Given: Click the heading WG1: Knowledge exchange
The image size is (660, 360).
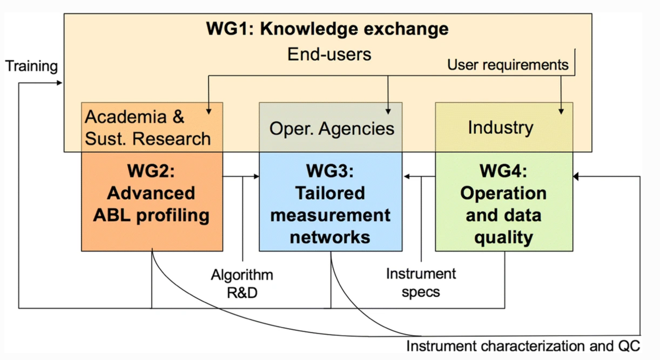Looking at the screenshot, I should [x=327, y=29].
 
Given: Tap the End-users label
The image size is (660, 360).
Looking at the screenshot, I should [x=329, y=54].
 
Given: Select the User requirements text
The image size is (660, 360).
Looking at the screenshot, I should [x=508, y=65].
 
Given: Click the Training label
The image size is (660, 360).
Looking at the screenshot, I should [x=32, y=66].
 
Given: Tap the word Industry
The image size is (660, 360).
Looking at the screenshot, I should [x=500, y=127].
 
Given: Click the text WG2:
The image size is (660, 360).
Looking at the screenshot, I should [x=151, y=171].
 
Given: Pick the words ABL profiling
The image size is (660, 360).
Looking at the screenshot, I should [x=151, y=215].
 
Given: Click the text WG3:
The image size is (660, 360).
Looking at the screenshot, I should [x=330, y=171].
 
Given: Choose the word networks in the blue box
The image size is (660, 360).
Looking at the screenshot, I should [x=330, y=237].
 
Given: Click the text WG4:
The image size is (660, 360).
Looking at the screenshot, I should [x=503, y=171].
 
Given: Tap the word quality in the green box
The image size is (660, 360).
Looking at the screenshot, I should [x=504, y=237].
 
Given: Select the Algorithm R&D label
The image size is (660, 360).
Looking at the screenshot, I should [x=242, y=284].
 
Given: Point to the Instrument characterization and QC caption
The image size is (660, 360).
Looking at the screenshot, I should [x=523, y=346].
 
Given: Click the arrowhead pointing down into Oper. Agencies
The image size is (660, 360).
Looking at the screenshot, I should [x=388, y=111].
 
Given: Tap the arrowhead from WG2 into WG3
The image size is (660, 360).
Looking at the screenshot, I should [x=257, y=176].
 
